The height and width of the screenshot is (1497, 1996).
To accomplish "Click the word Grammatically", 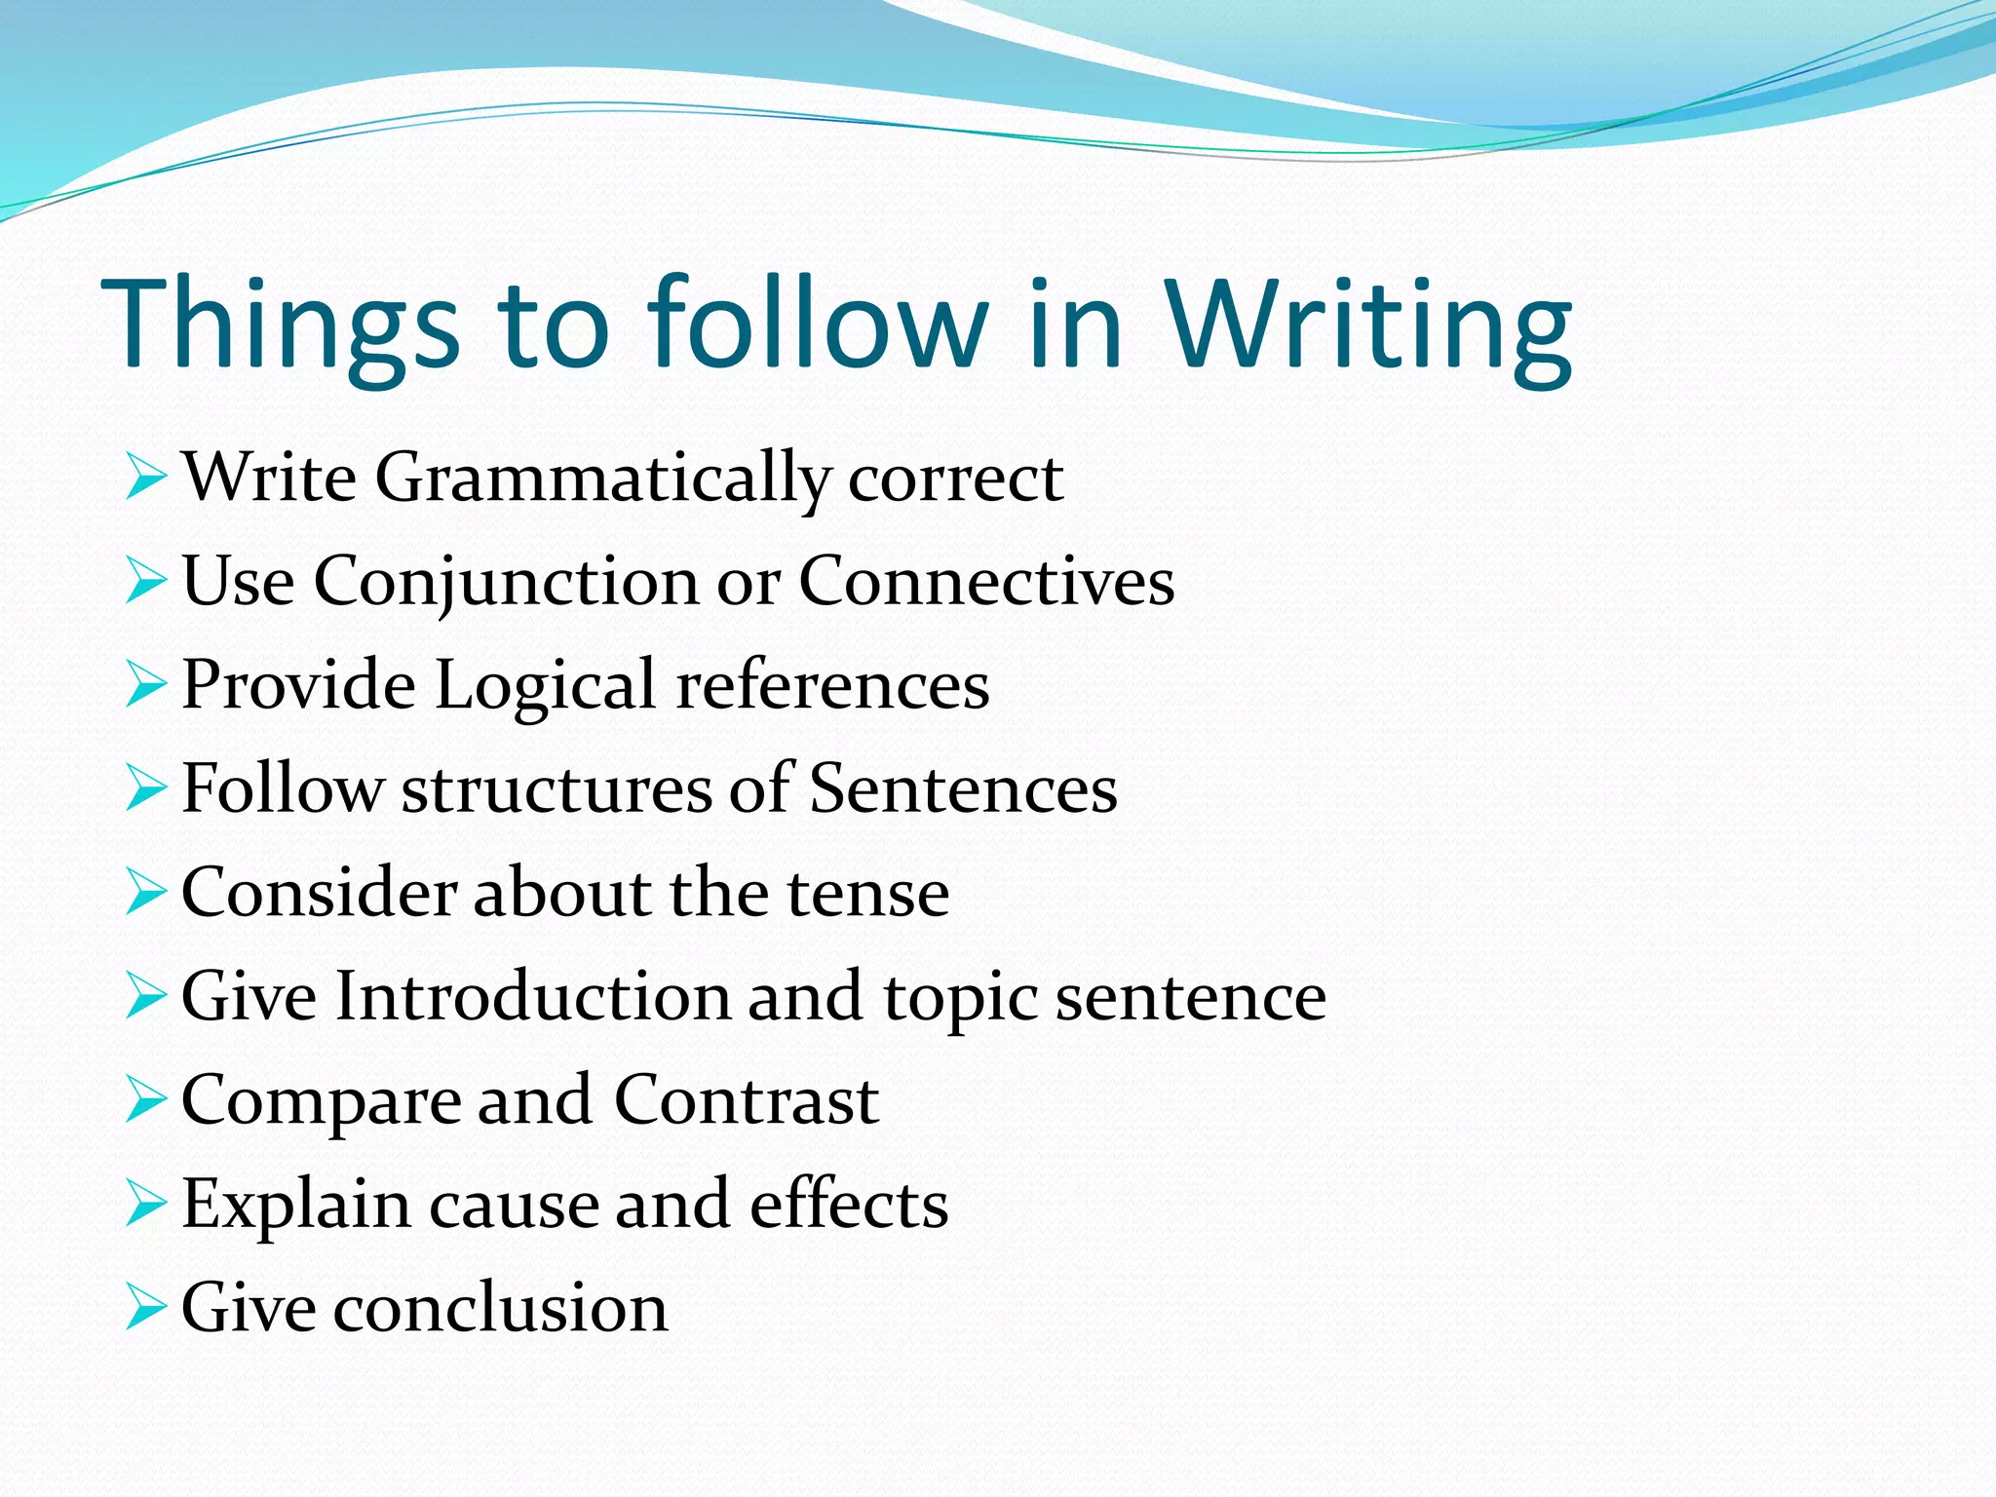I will [602, 479].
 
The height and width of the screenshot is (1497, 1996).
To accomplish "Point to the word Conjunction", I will [506, 583].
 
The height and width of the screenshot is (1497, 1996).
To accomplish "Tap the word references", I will [832, 685].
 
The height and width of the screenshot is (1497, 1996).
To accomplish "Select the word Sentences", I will [963, 788].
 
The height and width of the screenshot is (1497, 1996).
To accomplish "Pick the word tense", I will [867, 893].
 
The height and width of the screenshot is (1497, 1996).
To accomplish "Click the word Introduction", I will [532, 997].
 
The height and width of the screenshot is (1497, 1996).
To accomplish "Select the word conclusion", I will [501, 1308].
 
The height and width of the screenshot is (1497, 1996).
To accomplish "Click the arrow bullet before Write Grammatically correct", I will [146, 479].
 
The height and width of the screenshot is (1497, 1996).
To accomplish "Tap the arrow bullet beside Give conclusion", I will [146, 1308].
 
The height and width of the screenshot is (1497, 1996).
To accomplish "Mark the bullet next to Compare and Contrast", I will [146, 1100].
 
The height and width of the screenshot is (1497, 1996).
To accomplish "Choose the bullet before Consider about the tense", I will [146, 893].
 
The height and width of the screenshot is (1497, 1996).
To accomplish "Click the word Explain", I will [296, 1206].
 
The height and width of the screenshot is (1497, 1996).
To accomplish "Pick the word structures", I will [557, 788].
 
